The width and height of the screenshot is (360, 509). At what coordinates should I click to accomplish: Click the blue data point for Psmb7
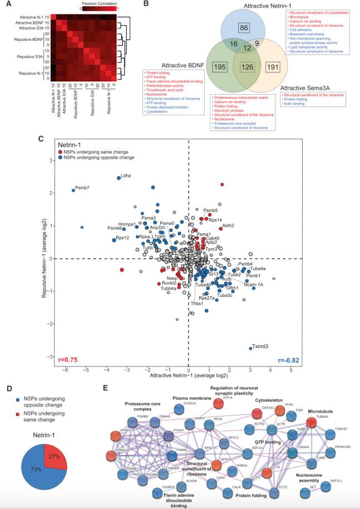click(x=73, y=190)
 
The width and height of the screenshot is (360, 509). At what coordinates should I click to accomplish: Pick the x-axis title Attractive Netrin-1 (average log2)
click(x=189, y=378)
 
